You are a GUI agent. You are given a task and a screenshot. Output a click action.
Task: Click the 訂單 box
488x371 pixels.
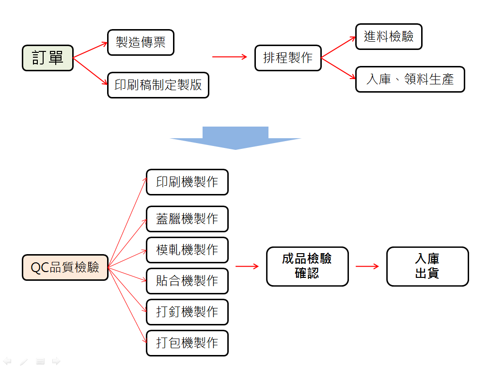coord(47,58)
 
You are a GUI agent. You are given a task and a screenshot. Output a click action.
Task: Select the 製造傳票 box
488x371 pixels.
coord(141,42)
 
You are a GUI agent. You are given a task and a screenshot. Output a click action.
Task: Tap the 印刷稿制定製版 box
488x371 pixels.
coord(158,85)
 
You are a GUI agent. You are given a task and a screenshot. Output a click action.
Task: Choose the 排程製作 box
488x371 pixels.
coord(288,58)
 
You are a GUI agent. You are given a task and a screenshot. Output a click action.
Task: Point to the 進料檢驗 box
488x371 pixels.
coord(389,36)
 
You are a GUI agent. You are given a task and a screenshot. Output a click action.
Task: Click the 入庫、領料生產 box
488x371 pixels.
coord(410,79)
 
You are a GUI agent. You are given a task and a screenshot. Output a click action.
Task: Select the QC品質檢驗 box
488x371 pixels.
coord(65,267)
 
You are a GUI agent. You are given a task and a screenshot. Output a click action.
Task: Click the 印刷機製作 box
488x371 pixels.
coord(187,182)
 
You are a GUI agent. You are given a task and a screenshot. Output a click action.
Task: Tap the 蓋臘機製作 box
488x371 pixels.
coord(187,219)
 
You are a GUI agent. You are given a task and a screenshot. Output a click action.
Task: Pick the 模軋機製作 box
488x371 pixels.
coord(187,250)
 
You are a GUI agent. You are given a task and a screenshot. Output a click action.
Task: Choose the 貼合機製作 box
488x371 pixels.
coord(187,281)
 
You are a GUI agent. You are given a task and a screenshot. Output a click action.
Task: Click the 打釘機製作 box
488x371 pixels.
coord(187,312)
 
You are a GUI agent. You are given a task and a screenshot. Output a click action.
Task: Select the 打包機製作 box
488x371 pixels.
coord(187,343)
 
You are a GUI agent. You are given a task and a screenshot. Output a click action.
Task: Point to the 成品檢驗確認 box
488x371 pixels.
coord(307,266)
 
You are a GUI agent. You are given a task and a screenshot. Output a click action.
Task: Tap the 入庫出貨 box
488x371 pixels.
coord(427,266)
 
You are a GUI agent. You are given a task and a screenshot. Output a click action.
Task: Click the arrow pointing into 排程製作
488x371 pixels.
coord(230,57)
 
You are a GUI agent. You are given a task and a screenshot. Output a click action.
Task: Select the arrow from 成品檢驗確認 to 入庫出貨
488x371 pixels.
coord(367,266)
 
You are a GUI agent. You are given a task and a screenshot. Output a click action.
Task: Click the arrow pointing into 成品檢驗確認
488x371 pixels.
coord(247,266)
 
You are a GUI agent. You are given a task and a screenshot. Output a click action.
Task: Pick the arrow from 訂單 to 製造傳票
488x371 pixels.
coord(90,50)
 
